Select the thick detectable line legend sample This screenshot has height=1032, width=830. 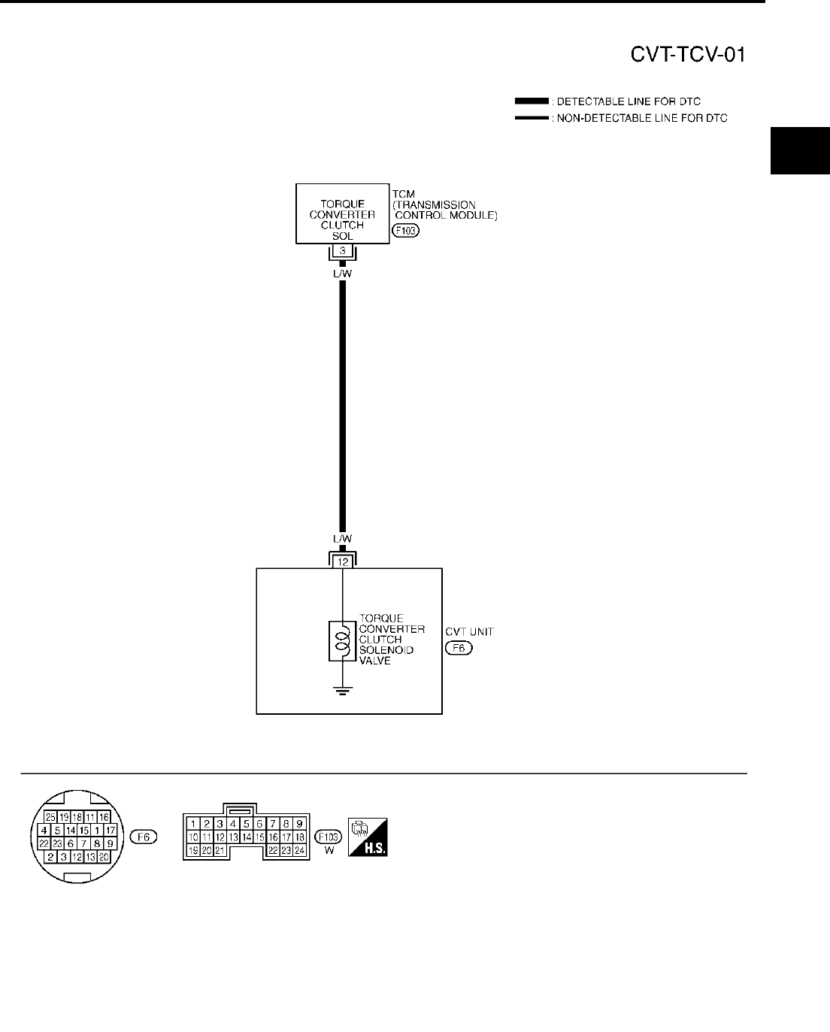(x=532, y=101)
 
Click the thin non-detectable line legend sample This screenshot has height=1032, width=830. (x=532, y=118)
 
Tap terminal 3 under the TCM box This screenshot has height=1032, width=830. (x=342, y=251)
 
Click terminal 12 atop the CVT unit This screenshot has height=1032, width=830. (x=342, y=561)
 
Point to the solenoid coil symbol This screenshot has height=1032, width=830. (x=342, y=641)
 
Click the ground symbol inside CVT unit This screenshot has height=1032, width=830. (x=342, y=690)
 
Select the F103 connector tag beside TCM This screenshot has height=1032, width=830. (x=405, y=231)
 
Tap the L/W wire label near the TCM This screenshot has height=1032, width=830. (x=342, y=274)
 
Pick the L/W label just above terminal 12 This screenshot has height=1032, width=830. (x=342, y=539)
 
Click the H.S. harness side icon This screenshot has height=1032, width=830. (x=368, y=837)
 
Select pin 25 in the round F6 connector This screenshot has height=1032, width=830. (x=50, y=817)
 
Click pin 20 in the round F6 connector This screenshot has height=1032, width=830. (x=104, y=857)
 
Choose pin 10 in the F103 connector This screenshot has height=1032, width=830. (x=193, y=837)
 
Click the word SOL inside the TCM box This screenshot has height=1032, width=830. (x=342, y=235)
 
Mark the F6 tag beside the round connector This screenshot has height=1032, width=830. (x=143, y=837)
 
